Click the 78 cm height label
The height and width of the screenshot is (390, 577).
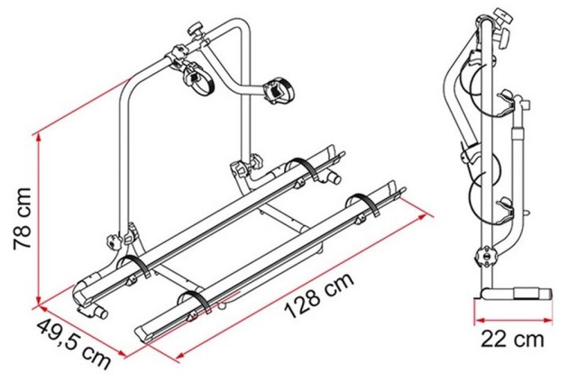(x=23, y=219)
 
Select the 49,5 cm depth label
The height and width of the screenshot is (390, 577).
(x=74, y=345)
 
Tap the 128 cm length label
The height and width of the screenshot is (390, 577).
(x=319, y=295)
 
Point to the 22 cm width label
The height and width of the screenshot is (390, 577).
(x=512, y=340)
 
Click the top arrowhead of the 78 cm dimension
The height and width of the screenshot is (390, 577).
(x=38, y=138)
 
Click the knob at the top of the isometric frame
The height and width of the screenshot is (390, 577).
(x=197, y=30)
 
